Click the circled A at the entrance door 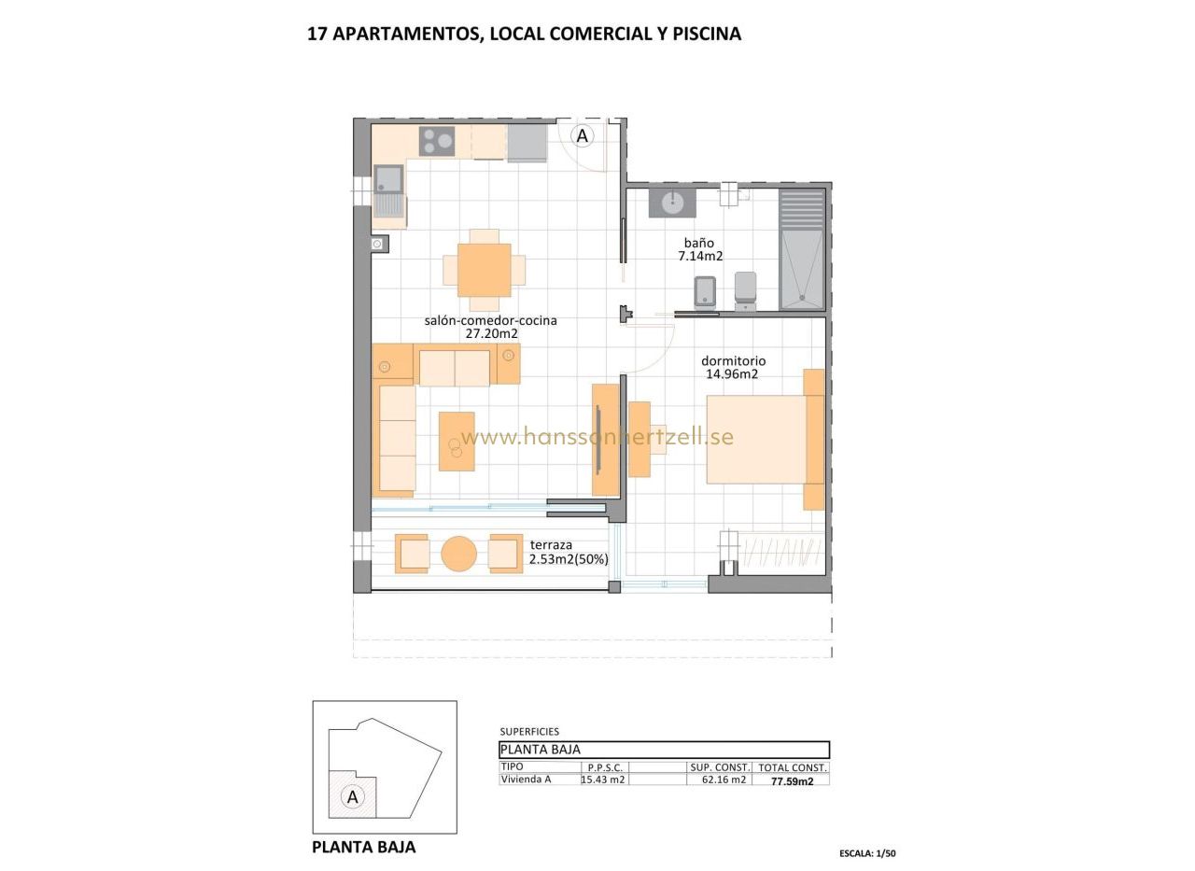point(582,136)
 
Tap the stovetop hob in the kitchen point(437,141)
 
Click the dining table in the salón point(484,270)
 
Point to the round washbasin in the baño point(672,203)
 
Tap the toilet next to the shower point(745,290)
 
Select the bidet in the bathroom point(705,293)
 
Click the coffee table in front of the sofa point(457,441)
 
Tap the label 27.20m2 point(491,334)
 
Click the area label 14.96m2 point(732,374)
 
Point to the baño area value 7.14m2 point(700,257)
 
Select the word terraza point(551,545)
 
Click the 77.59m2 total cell point(793,781)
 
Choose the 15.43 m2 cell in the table point(603,780)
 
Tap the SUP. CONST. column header point(720,767)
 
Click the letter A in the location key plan point(352,797)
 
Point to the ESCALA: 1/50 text point(867,853)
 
